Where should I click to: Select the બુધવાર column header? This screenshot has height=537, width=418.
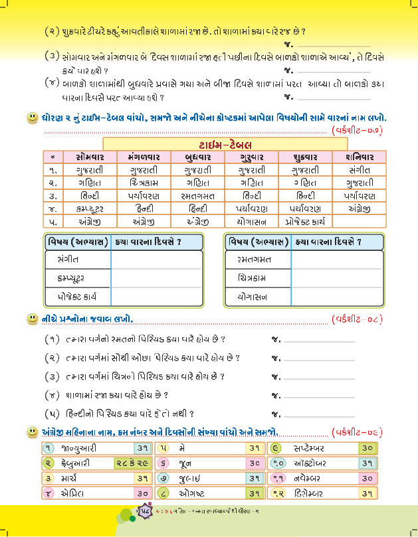pyautogui.click(x=193, y=157)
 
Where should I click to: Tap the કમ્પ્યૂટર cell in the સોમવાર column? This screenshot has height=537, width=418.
pyautogui.click(x=84, y=208)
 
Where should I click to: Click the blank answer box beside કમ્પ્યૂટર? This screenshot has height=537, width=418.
pyautogui.click(x=157, y=275)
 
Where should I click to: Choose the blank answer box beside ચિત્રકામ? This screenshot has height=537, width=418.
pyautogui.click(x=337, y=275)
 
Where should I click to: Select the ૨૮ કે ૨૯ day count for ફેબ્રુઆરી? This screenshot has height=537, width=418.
pyautogui.click(x=130, y=463)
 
